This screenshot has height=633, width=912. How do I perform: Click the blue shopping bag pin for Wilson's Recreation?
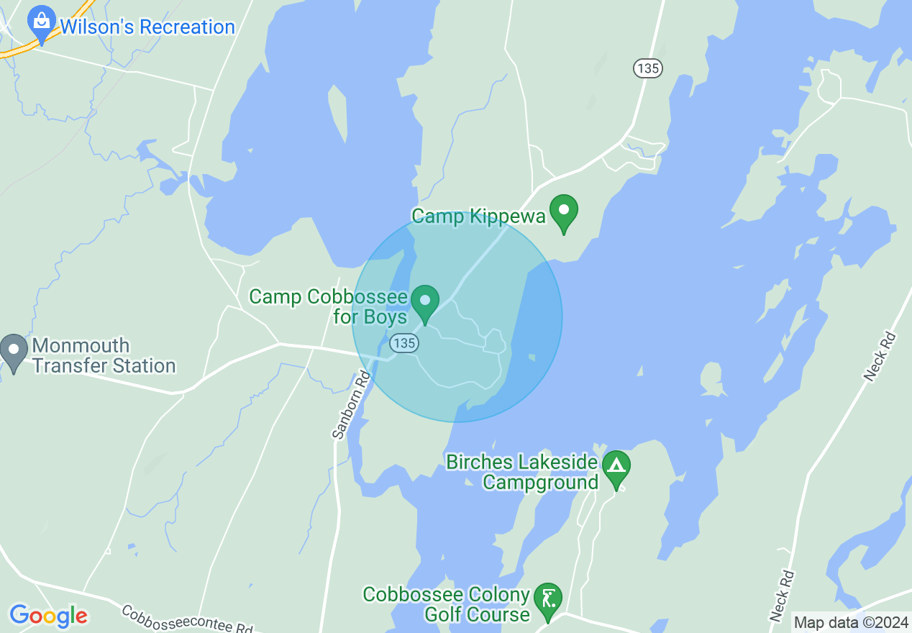(x=42, y=24)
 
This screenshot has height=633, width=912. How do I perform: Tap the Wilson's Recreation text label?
(x=147, y=27)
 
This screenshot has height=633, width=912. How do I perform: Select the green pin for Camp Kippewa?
(x=564, y=212)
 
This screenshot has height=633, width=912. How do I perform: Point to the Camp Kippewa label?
(x=478, y=216)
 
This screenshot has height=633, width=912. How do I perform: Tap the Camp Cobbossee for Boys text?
(x=329, y=306)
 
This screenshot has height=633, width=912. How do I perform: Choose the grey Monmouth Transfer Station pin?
(x=14, y=352)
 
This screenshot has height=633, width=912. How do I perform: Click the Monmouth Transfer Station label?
(x=104, y=355)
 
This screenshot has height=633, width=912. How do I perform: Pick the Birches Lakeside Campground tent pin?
(x=616, y=468)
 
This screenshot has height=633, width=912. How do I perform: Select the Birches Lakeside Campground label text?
(x=523, y=472)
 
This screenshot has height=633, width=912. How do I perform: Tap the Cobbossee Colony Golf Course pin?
(x=548, y=600)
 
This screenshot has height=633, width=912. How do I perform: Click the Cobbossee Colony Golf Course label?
(x=447, y=605)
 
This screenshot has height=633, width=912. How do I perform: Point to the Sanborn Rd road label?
(x=350, y=404)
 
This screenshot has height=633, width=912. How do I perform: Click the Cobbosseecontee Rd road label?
(x=187, y=619)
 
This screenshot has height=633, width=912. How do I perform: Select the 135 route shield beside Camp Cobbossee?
(x=404, y=343)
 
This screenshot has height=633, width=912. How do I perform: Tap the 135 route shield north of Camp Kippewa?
(x=647, y=68)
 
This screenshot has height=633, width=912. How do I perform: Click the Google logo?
(x=48, y=616)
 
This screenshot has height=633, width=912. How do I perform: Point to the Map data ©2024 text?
(x=851, y=622)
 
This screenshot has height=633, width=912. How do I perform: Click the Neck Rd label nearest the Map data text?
(x=783, y=596)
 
